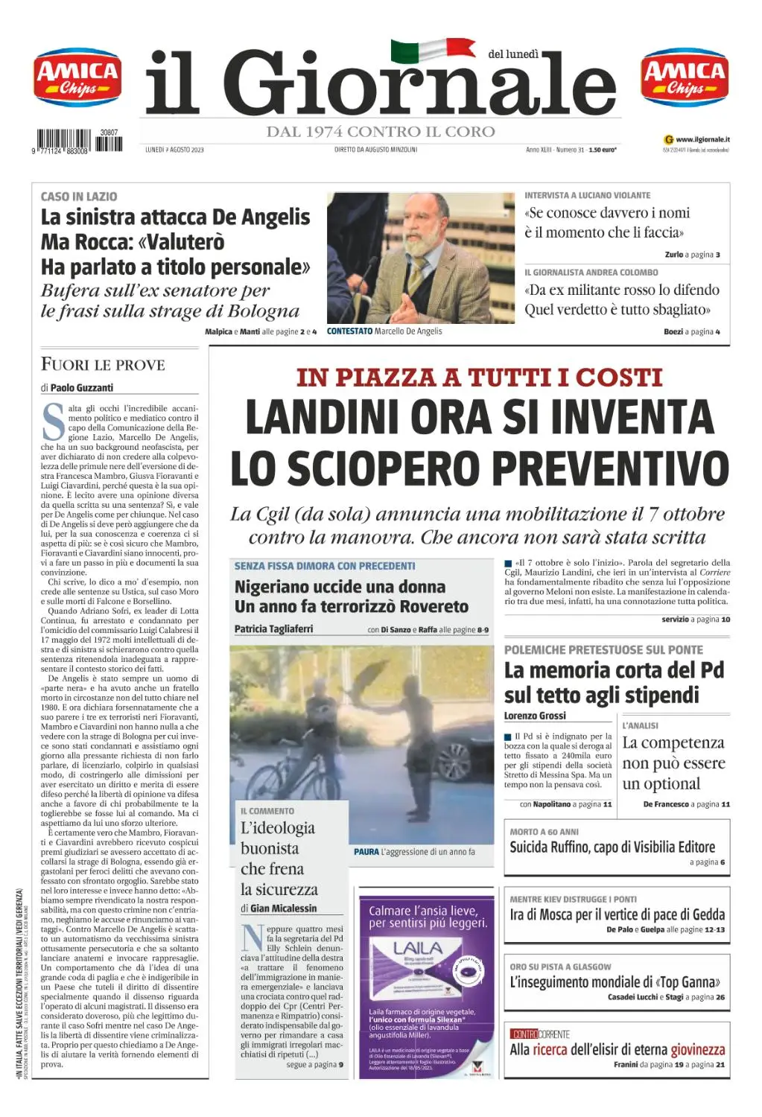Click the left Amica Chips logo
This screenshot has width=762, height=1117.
tap(77, 77)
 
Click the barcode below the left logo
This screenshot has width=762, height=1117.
tap(79, 141)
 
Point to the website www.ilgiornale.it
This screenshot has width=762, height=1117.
tap(702, 139)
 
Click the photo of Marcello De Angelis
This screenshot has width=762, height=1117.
tap(420, 258)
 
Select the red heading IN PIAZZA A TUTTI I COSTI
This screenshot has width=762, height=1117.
tap(479, 378)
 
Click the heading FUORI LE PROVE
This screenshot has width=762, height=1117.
tap(103, 365)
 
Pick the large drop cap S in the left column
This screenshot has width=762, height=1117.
tap(53, 421)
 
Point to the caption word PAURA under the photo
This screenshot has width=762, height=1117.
tap(366, 852)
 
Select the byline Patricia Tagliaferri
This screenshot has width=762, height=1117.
tap(273, 629)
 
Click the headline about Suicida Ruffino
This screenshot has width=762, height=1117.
tap(612, 847)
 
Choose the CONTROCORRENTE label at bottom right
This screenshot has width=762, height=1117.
tap(540, 1034)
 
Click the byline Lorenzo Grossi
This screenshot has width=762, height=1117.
tap(535, 716)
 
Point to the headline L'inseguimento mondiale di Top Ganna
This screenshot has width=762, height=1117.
tap(615, 982)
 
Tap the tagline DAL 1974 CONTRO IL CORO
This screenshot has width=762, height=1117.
tap(381, 133)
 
